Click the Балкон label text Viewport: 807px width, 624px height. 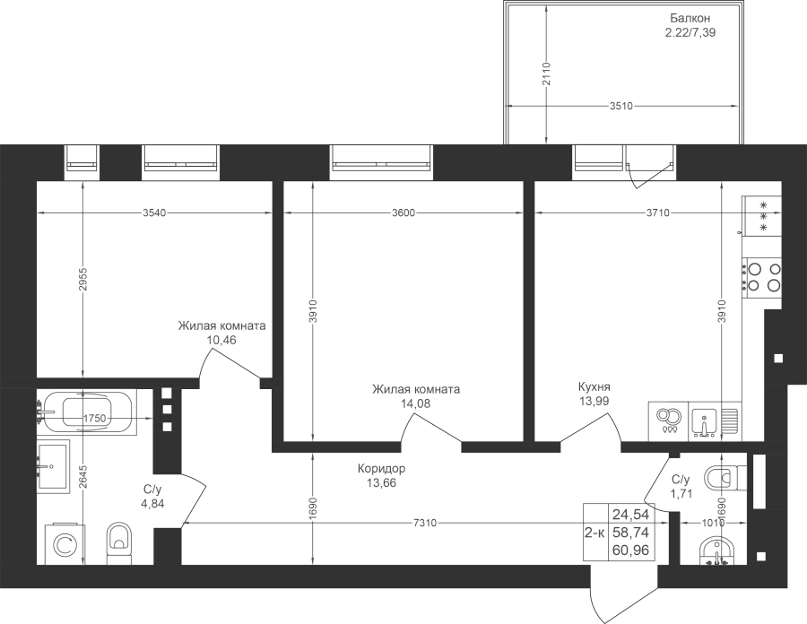pyautogui.click(x=690, y=18)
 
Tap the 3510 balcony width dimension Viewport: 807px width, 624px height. pyautogui.click(x=620, y=107)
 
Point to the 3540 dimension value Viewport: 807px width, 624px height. pyautogui.click(x=154, y=212)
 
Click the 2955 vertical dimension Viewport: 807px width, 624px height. pyautogui.click(x=82, y=279)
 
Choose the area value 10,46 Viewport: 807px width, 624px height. pyautogui.click(x=221, y=340)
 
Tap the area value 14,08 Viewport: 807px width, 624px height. pyautogui.click(x=415, y=403)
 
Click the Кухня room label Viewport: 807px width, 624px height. pyautogui.click(x=594, y=386)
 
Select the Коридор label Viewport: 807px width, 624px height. pyautogui.click(x=381, y=469)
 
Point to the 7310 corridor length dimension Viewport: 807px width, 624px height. pyautogui.click(x=425, y=524)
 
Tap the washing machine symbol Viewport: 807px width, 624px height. pyautogui.click(x=65, y=543)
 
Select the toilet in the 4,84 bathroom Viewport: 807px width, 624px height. pyautogui.click(x=119, y=543)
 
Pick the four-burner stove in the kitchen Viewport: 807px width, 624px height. pyautogui.click(x=761, y=277)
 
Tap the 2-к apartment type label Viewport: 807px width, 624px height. pyautogui.click(x=594, y=533)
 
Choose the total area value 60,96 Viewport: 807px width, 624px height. pyautogui.click(x=631, y=551)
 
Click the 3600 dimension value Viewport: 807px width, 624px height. pyautogui.click(x=403, y=212)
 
